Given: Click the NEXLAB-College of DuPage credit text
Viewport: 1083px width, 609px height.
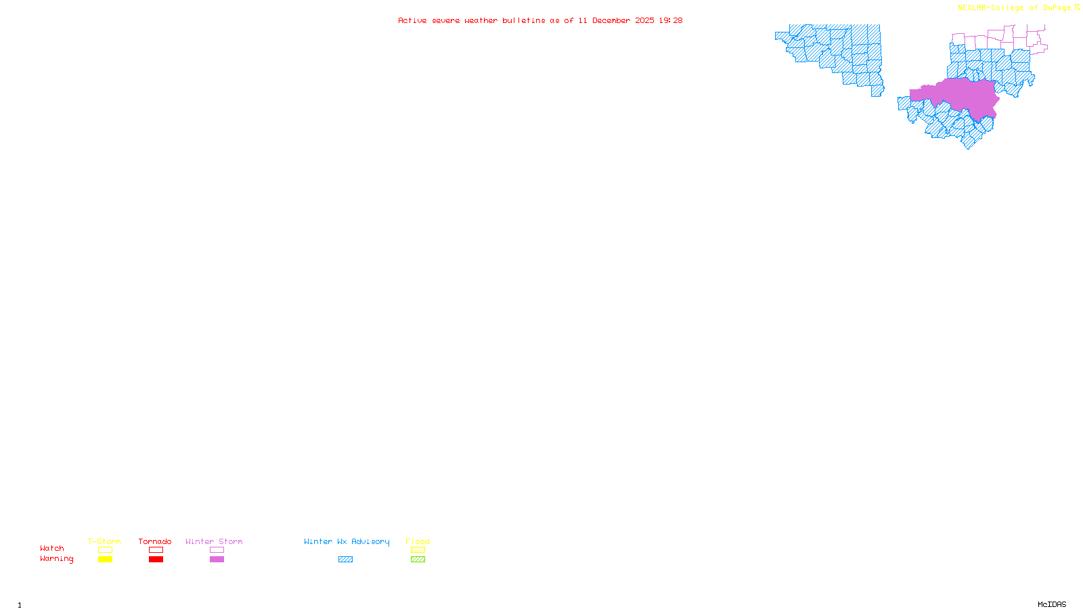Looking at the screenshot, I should coord(1014,8).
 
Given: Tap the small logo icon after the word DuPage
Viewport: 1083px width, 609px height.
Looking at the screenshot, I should coord(1077,7).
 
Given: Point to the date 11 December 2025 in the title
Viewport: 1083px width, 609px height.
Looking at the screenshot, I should coord(616,20).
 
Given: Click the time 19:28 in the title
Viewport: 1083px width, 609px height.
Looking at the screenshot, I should coord(671,20).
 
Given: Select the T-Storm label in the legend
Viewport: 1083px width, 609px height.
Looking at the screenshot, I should coord(104,541).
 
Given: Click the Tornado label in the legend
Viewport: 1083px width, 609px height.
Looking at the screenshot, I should coord(155,541).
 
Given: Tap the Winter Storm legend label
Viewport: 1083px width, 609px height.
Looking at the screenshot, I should coord(214,541).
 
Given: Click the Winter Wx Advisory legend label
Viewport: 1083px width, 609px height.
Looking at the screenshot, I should coord(347,541).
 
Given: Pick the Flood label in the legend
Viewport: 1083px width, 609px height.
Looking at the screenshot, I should coord(418,541).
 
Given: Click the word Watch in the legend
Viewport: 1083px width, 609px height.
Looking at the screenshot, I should coord(52,548).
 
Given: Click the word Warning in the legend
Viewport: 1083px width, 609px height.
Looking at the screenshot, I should coord(57,559).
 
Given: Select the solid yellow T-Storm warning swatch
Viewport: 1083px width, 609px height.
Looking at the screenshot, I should coord(105,560).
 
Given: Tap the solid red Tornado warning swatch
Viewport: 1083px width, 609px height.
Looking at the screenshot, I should coord(156,560).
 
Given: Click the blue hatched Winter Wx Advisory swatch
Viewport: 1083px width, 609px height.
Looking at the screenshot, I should coord(345,560).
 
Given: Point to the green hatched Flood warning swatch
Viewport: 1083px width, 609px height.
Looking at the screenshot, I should coord(418,560).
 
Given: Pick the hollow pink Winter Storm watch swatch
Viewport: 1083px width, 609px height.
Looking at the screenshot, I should coord(217,550).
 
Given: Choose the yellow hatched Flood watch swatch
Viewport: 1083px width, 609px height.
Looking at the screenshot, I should coord(418,550).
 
